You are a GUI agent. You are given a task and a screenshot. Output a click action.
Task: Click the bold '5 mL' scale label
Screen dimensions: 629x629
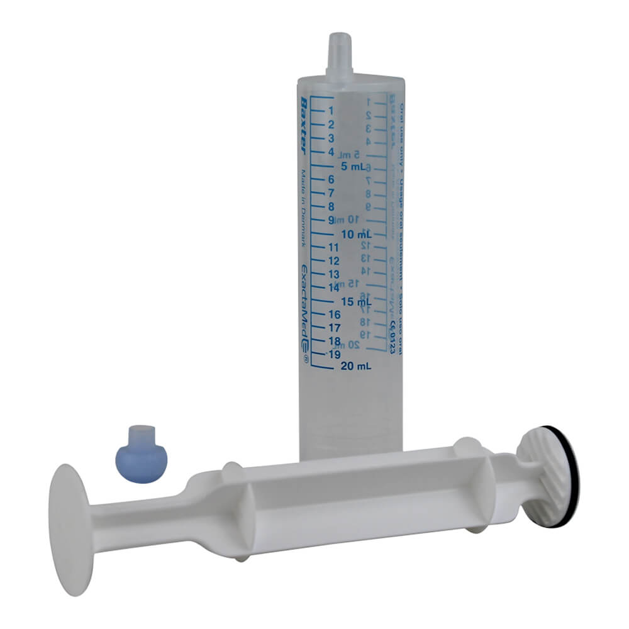353,167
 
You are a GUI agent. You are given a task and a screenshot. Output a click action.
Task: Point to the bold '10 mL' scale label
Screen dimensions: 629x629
354,235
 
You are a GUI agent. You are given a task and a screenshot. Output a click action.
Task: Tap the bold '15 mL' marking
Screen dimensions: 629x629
354,302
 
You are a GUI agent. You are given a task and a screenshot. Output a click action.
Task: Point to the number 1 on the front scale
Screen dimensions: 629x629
331,110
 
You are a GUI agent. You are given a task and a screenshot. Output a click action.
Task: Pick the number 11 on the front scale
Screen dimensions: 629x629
335,247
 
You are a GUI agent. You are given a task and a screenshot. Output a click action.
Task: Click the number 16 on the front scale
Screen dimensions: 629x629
335,314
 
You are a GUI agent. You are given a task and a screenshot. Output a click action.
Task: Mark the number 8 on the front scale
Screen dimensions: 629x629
331,206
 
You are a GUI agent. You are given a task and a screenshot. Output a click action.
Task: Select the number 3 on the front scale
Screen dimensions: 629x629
331,138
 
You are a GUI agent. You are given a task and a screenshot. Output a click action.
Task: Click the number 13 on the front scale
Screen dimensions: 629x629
335,274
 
